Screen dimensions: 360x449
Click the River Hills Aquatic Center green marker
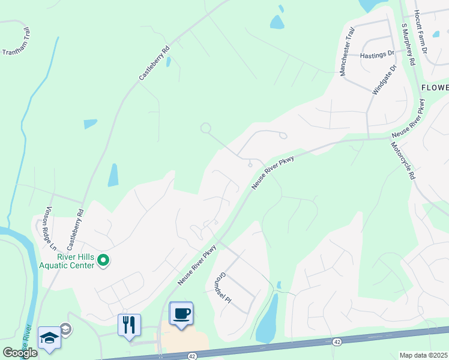point(103,260)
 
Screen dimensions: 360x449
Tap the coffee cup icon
point(181,313)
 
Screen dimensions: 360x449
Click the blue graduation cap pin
point(49,338)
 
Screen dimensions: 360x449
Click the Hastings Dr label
point(378,55)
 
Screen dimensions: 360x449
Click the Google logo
point(20,353)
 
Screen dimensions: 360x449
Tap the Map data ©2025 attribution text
point(424,355)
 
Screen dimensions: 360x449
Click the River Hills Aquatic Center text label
point(67,260)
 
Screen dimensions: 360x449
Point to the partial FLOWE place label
point(435,88)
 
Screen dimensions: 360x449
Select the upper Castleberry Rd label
point(154,64)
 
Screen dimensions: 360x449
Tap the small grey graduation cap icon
point(65,328)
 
